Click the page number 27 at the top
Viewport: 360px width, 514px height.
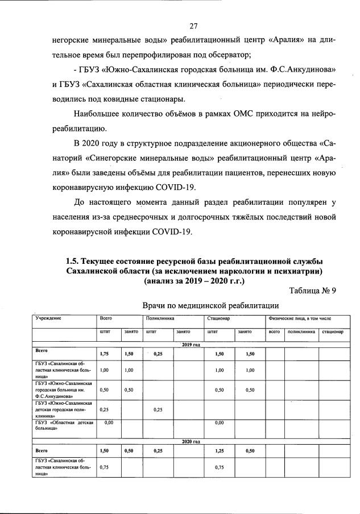tap(193, 26)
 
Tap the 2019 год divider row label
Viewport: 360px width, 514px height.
tap(192, 345)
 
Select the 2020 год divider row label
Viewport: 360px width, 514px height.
tap(192, 441)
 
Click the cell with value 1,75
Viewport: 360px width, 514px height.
tap(104, 354)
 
